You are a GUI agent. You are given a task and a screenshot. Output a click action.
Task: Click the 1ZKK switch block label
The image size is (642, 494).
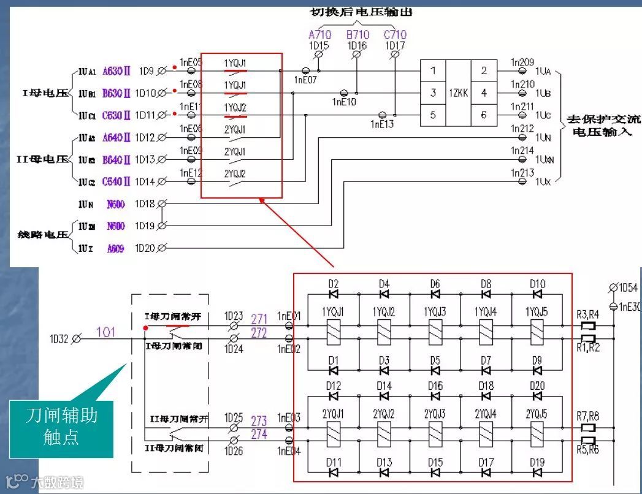point(458,93)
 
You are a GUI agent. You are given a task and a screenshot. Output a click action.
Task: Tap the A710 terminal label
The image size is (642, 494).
point(320,35)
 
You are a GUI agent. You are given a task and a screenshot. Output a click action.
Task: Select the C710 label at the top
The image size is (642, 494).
point(395,35)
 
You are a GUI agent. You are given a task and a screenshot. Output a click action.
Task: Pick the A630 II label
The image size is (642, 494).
point(116,71)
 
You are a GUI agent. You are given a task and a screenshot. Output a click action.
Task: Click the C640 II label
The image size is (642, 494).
point(116,181)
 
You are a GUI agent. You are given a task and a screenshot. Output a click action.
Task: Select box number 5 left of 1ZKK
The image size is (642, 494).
point(433,115)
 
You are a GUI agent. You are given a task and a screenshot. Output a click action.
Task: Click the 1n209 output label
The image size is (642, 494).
point(522,63)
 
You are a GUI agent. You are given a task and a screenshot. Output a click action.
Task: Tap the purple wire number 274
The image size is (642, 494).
point(259,435)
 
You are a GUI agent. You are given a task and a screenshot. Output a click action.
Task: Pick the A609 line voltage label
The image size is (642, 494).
point(116,248)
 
